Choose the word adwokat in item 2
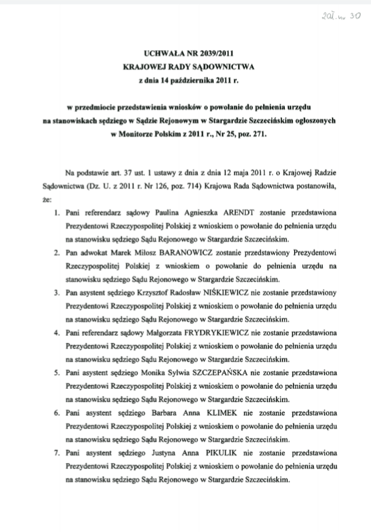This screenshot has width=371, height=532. [x=95, y=253]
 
